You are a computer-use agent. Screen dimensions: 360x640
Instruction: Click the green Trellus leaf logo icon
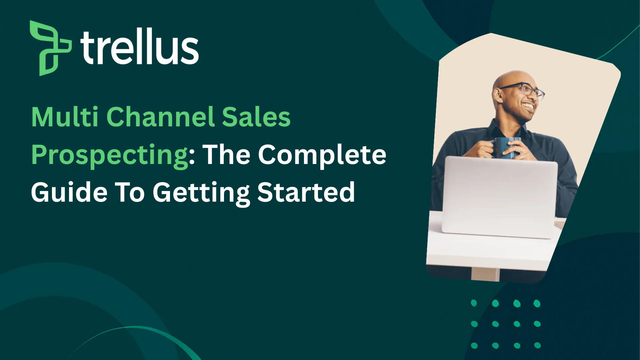point(50,48)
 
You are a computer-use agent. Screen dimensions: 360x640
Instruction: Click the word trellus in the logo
point(139,47)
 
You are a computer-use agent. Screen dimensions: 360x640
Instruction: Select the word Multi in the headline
point(65,117)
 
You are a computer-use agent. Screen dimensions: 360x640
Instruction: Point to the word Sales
point(256,117)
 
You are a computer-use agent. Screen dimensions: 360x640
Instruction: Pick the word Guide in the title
point(69,192)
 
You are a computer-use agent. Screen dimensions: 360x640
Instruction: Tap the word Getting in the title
point(201,193)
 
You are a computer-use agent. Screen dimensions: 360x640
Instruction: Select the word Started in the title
point(306,192)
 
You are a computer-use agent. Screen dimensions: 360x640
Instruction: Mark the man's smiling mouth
point(529,107)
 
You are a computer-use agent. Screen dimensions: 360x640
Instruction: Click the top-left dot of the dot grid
point(474,303)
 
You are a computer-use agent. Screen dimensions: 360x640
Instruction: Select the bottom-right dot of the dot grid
point(537,345)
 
